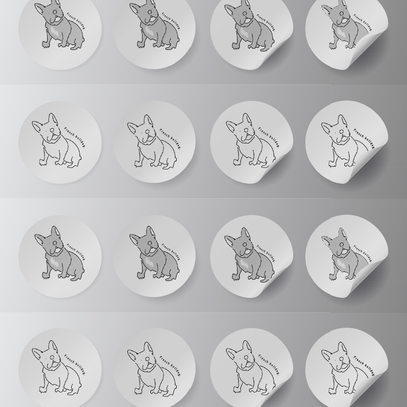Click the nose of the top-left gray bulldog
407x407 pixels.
55,12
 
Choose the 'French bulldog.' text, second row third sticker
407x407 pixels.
269,138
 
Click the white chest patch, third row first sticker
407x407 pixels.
55,262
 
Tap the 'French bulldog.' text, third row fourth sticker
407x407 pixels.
363,254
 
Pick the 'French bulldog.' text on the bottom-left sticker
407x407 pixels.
75,365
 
